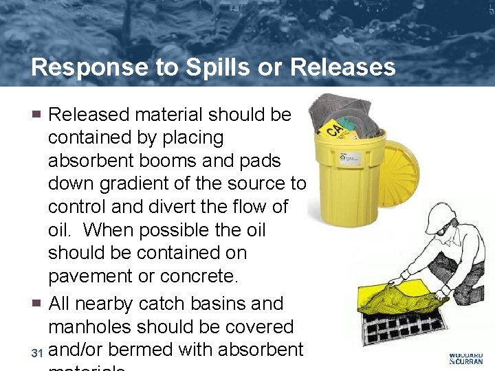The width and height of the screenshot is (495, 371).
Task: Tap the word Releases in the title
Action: (x=343, y=67)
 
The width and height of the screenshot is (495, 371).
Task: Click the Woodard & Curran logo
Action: (x=465, y=357)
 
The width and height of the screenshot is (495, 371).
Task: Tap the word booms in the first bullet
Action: (x=174, y=160)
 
